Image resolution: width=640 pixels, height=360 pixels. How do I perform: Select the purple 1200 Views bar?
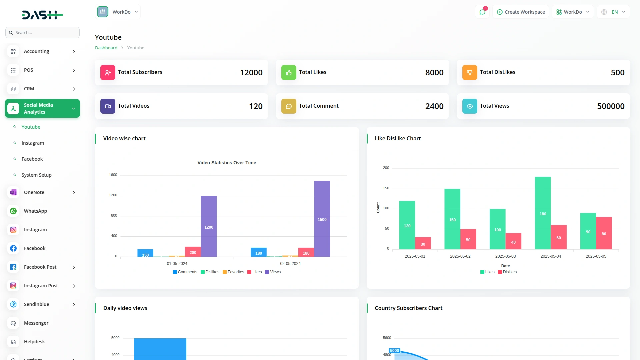(x=209, y=226)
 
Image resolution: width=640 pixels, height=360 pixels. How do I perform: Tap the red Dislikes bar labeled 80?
(x=604, y=233)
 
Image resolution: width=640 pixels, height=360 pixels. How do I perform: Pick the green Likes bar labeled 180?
(x=543, y=213)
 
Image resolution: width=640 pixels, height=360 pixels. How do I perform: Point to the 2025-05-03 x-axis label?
(x=505, y=256)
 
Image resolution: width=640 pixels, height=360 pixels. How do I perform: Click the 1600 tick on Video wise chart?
(x=113, y=175)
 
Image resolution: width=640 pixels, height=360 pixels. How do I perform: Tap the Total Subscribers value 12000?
(x=251, y=73)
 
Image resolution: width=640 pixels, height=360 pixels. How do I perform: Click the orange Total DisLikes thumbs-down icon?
(x=469, y=72)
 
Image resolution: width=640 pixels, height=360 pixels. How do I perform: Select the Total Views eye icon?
(x=469, y=106)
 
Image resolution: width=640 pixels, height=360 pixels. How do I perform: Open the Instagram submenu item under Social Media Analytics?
(x=33, y=143)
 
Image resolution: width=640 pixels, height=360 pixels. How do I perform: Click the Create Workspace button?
(x=521, y=12)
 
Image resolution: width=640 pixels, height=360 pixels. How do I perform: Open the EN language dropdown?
(x=613, y=12)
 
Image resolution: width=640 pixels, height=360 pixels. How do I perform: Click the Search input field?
(x=43, y=33)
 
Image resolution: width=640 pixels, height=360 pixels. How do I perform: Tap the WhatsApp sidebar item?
(x=35, y=211)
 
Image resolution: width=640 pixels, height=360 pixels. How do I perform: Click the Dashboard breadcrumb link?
(x=106, y=48)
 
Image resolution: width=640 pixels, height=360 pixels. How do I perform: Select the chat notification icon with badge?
(x=482, y=12)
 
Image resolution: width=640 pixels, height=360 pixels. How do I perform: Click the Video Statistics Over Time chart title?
(x=227, y=163)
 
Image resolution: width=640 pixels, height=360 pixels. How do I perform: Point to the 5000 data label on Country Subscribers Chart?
(x=394, y=350)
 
